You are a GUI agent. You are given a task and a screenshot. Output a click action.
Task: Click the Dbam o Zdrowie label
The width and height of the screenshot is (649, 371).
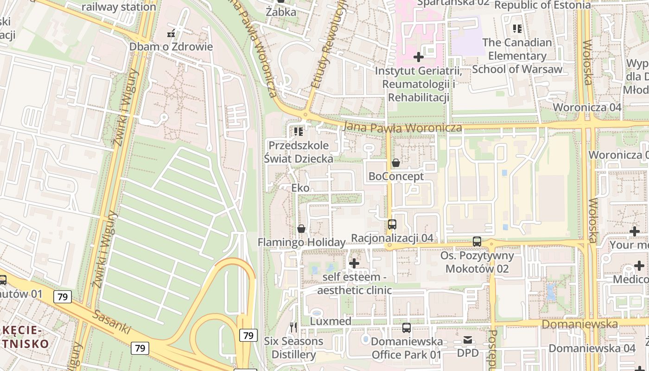171,46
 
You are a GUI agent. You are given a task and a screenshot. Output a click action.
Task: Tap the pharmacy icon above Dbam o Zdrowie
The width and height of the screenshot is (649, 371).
171,33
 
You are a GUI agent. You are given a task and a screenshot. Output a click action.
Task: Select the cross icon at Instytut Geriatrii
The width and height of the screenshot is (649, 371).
419,57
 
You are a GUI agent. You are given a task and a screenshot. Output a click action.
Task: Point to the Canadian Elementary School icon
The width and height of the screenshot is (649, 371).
517,29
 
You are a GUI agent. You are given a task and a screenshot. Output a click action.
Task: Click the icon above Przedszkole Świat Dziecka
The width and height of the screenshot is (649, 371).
299,132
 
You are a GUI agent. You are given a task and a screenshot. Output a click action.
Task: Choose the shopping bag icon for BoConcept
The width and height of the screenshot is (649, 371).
396,163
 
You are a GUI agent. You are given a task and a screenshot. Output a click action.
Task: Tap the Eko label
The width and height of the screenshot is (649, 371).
300,188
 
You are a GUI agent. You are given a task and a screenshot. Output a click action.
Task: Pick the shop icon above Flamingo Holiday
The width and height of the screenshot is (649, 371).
301,229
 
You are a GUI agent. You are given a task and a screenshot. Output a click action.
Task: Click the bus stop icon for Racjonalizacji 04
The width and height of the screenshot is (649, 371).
392,224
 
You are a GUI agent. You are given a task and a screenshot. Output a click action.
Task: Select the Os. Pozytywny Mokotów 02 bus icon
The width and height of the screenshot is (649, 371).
477,242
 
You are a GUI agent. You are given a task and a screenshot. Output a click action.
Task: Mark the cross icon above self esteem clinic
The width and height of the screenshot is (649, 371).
354,263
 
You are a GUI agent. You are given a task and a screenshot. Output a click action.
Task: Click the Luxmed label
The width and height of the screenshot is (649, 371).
331,321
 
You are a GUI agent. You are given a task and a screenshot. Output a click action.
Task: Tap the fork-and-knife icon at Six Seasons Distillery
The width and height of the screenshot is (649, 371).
293,327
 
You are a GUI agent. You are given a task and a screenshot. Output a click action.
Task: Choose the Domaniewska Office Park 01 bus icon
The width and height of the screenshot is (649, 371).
407,328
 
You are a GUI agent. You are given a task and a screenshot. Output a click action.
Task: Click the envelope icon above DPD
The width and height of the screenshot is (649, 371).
468,340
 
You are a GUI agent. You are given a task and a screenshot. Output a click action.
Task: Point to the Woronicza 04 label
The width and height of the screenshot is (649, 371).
587,107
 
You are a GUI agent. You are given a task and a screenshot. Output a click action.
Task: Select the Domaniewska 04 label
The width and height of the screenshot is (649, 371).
592,348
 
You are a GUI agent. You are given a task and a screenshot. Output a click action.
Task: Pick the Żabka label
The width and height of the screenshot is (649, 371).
281,12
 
